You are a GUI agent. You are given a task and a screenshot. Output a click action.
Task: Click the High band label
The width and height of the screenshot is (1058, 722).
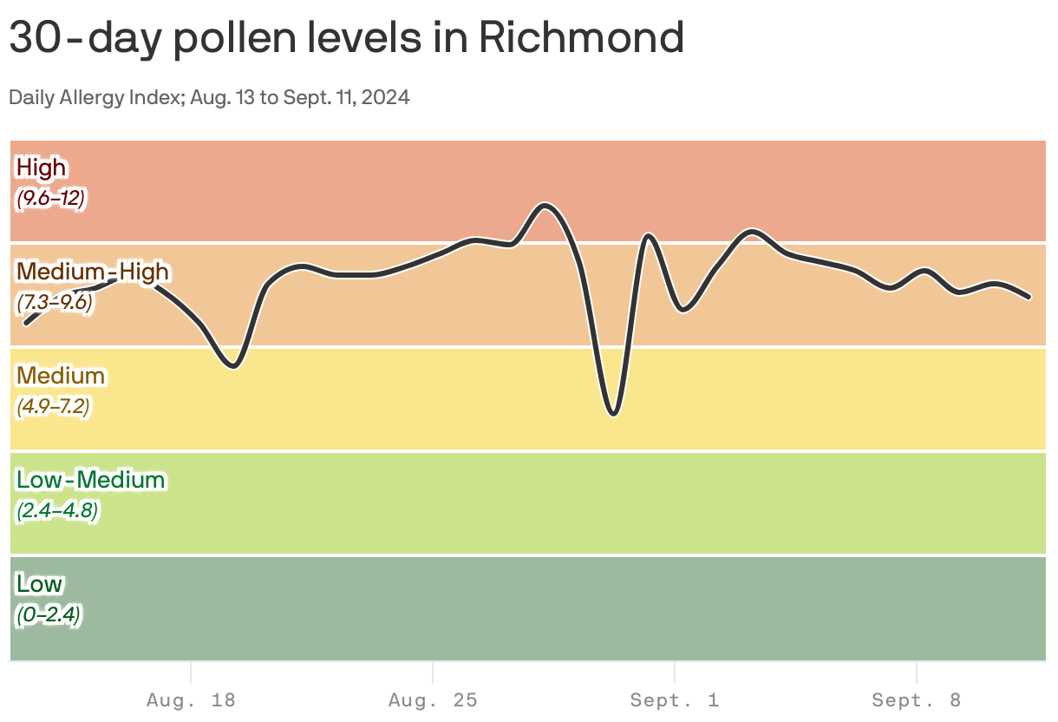pos(41,167)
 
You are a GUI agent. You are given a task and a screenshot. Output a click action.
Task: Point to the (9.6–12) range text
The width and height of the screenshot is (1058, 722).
pos(50,198)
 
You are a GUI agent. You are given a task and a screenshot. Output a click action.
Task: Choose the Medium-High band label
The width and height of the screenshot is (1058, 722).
pos(93,272)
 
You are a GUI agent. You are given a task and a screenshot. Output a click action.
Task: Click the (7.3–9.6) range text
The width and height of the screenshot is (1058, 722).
pos(54,303)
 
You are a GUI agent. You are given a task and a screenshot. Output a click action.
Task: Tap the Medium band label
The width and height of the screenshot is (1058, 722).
pos(61,376)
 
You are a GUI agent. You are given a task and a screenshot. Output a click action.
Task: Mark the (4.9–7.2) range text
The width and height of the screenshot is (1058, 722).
pos(53,406)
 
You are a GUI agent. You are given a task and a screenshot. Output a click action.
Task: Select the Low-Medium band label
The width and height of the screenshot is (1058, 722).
pos(90,480)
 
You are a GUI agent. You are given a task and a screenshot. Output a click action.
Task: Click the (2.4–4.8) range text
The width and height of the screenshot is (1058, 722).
pos(57,511)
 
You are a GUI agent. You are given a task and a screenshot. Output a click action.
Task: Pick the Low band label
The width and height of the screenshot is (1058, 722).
pos(39,584)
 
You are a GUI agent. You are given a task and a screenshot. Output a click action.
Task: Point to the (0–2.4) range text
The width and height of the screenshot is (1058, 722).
pos(49,615)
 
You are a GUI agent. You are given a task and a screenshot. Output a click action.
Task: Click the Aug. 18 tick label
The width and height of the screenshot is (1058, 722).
pos(191,699)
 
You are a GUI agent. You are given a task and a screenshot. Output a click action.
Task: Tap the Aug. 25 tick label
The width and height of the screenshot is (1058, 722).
pos(433,699)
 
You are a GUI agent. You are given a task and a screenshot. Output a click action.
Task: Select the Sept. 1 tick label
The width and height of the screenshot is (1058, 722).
pos(675,699)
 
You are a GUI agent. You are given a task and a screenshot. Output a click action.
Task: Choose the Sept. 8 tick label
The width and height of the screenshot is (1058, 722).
pos(917,699)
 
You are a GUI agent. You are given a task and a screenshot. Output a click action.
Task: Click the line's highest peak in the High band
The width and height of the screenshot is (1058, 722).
pos(545,205)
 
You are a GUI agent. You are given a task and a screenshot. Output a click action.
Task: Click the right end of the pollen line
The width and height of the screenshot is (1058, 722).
pos(1029,297)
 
